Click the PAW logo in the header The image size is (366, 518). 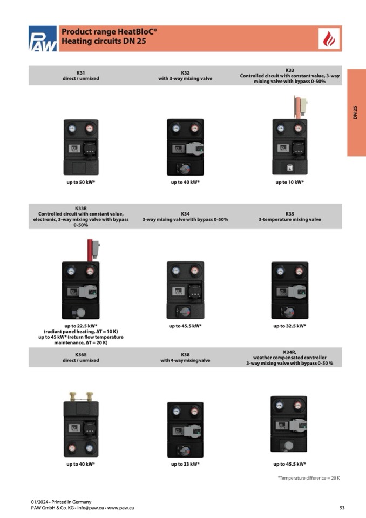click(43, 39)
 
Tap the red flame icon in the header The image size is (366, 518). click(329, 39)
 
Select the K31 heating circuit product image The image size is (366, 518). click(81, 146)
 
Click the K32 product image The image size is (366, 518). click(185, 147)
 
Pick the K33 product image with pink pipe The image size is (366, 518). click(290, 140)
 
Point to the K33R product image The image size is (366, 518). click(81, 286)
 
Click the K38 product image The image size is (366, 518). click(185, 429)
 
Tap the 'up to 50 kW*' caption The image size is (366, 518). click(81, 183)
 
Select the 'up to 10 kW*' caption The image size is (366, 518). click(290, 183)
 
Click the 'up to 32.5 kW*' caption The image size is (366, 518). click(290, 326)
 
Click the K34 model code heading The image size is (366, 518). click(185, 214)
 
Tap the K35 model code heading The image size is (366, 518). click(290, 214)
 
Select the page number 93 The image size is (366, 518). click(342, 508)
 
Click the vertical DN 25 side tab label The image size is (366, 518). click(356, 112)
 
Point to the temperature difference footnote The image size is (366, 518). click(309, 478)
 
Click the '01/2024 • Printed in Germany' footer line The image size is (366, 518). click(61, 502)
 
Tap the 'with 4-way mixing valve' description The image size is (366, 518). click(185, 360)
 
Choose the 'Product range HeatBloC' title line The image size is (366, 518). click(110, 32)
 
